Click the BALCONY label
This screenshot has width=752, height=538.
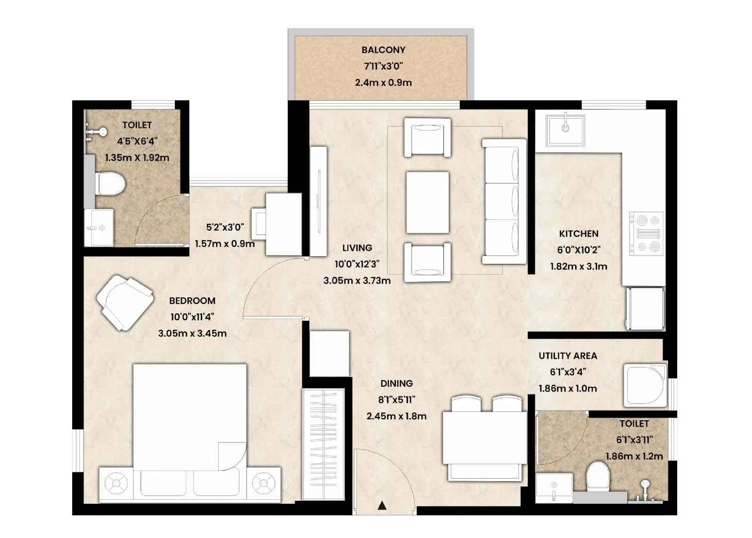(x=383, y=50)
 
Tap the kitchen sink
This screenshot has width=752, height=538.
(x=565, y=131)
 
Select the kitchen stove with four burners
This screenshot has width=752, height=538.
(x=646, y=233)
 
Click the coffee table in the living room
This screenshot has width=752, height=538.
(x=428, y=202)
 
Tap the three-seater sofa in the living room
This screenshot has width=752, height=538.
(x=504, y=201)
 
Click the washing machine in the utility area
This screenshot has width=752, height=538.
(x=645, y=386)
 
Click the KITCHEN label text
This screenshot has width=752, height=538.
(x=578, y=233)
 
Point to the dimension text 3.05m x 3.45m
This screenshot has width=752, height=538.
(x=192, y=334)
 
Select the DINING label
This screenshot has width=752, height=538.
(x=397, y=383)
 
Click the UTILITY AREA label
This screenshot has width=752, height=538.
(x=568, y=356)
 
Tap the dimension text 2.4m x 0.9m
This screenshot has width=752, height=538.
(x=383, y=83)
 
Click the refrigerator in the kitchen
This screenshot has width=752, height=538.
(x=645, y=308)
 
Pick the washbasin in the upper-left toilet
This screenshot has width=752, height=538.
(x=99, y=228)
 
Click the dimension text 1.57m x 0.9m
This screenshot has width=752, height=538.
(x=225, y=244)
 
